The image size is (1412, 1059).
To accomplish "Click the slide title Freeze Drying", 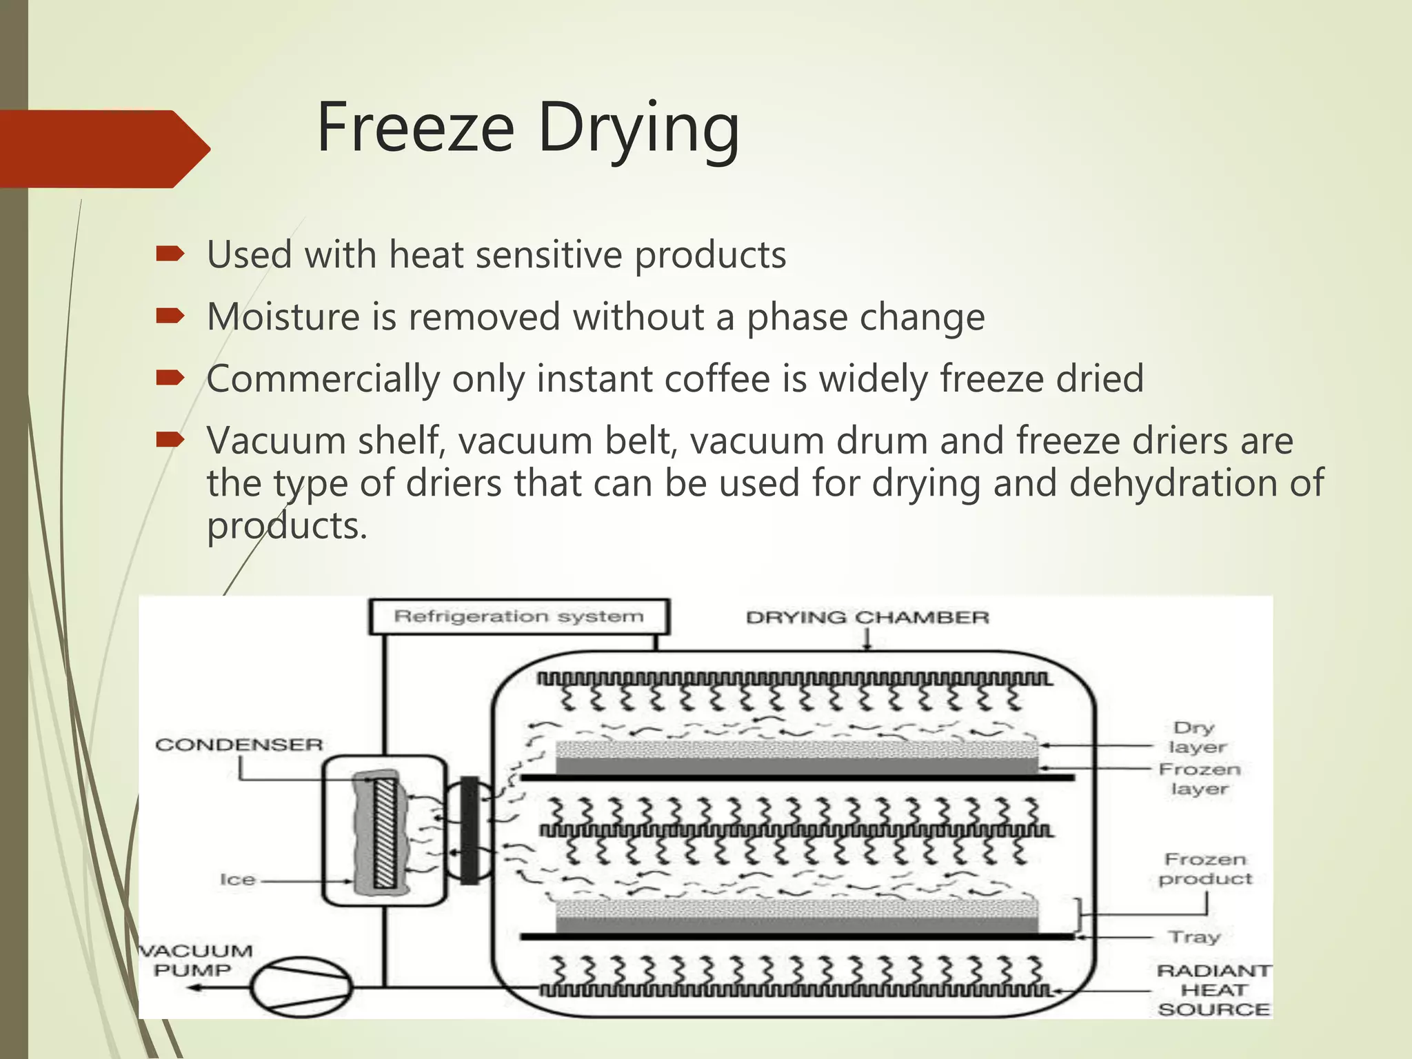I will (528, 129).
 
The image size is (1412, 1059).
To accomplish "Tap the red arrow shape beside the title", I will (103, 148).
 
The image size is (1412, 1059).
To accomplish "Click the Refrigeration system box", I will (518, 616).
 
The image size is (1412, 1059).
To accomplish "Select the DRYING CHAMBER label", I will (867, 617).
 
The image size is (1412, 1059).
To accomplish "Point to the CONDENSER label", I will (239, 745).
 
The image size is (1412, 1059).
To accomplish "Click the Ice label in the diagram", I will (237, 880).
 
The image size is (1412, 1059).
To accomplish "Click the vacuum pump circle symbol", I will (301, 987).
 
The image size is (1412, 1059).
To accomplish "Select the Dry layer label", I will (1197, 737).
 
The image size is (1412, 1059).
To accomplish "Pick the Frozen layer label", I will (1200, 778).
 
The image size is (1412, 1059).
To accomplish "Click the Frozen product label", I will (1205, 869).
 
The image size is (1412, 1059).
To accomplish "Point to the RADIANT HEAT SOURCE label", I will (1214, 990).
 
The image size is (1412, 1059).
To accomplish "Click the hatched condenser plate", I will (385, 832).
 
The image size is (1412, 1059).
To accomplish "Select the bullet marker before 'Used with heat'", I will (170, 254).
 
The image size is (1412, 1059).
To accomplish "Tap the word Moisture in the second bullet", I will (282, 317).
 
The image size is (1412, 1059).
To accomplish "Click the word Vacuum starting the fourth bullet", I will (276, 441).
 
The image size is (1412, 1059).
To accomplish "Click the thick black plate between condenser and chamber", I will (470, 830).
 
